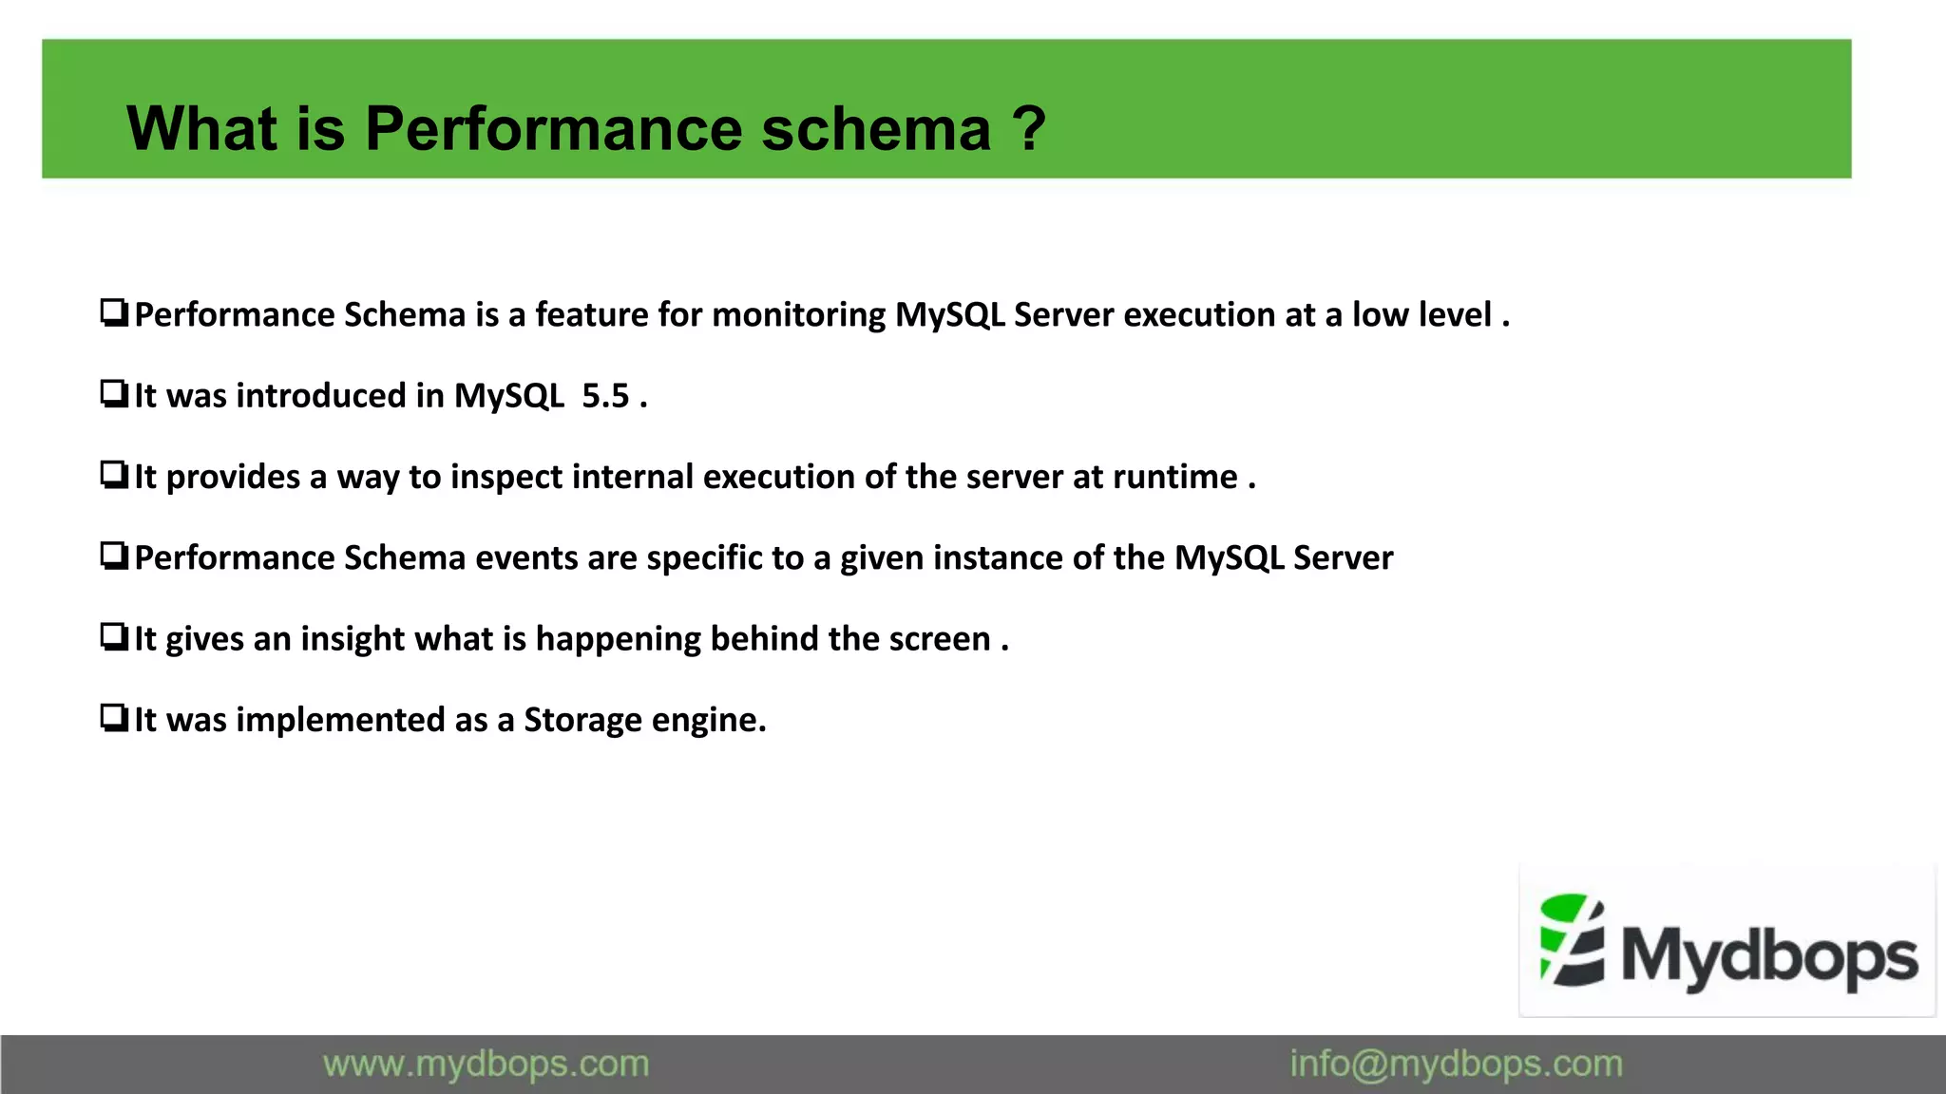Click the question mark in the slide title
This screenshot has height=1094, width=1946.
point(1028,129)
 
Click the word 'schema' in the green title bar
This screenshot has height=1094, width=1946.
point(876,129)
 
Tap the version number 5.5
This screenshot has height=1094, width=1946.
point(605,396)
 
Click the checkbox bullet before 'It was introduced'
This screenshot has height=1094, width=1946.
point(114,393)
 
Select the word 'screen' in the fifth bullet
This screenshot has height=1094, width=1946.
point(940,639)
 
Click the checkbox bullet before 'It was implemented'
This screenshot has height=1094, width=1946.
point(114,717)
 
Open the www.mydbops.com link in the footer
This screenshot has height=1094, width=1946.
point(486,1065)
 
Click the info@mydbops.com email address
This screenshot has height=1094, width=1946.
point(1456,1065)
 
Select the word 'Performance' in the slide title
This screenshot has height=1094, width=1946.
point(553,129)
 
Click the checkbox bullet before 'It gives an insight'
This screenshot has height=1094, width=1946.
point(114,636)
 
